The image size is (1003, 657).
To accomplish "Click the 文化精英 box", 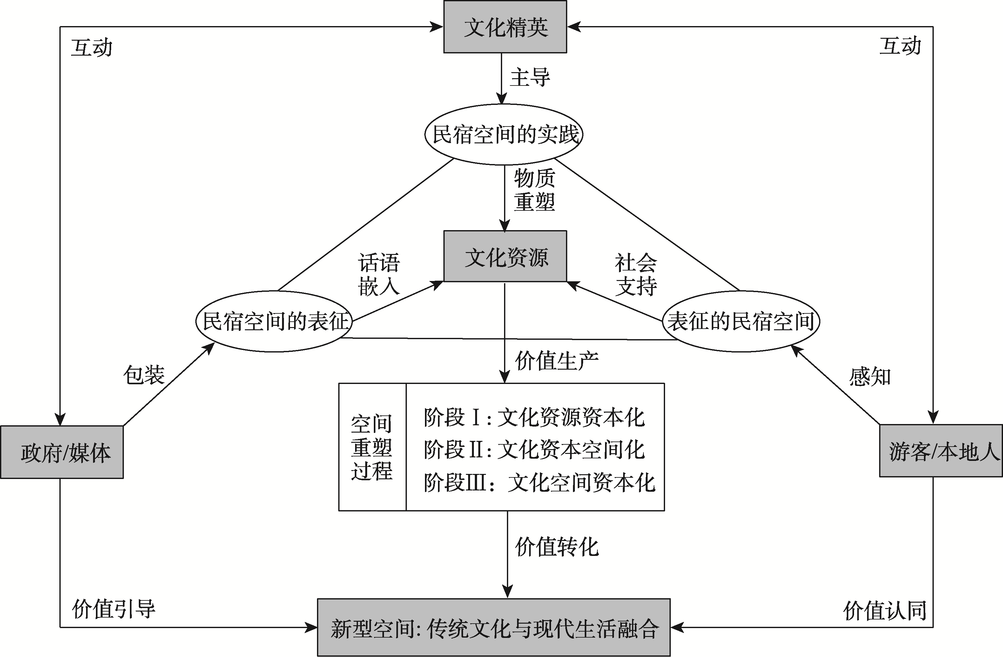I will coord(505,27).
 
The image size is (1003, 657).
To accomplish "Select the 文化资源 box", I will coord(505,257).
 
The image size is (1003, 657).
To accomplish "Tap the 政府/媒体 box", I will coord(62,452).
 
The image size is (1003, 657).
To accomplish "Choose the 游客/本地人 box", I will coord(941,451).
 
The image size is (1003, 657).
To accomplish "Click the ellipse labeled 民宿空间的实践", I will coord(504,134).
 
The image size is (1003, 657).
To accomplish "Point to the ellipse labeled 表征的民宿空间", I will coord(741,321).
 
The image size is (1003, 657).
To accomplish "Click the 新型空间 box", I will coord(494,627).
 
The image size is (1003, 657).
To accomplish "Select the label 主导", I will coord(530,78).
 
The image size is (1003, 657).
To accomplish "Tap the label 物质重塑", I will coord(534,190).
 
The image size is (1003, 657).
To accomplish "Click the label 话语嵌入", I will coord(379,274).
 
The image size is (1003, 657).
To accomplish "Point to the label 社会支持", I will coord(636,274).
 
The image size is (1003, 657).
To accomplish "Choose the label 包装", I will coord(144,374).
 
